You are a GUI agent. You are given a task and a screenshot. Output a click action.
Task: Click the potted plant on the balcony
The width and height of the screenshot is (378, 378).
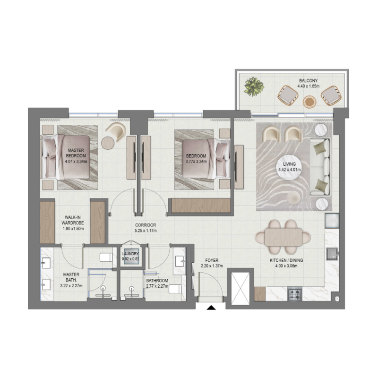[x=254, y=87]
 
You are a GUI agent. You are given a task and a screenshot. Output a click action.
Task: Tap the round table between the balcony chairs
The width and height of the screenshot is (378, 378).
[x=309, y=102]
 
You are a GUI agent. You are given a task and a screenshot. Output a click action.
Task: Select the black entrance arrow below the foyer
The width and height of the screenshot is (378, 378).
[x=211, y=309]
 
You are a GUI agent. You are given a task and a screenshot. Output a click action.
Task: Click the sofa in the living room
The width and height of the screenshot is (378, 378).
[x=322, y=168]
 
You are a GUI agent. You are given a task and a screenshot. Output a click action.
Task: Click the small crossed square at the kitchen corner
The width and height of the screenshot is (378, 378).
[x=336, y=299]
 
